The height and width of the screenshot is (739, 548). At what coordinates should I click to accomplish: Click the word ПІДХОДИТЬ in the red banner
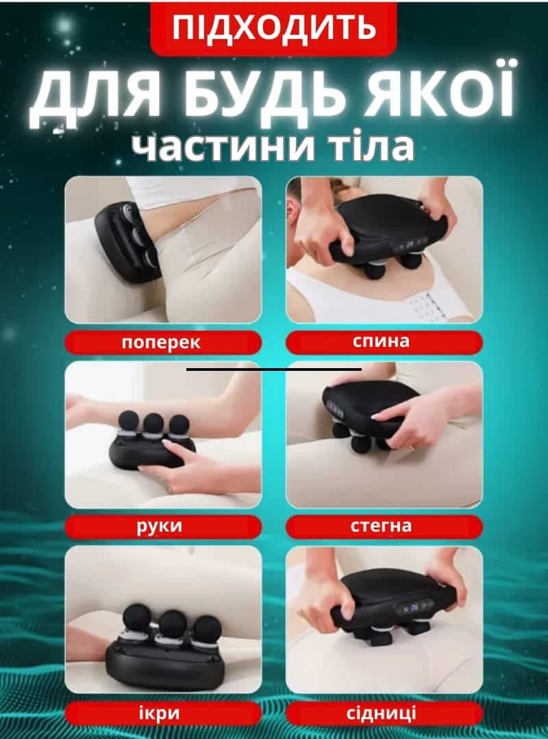coord(273,27)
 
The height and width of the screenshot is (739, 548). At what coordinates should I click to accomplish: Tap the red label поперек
coord(163,342)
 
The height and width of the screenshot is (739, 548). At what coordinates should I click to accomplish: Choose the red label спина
coord(384,341)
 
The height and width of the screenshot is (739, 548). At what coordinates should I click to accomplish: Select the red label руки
coord(163,526)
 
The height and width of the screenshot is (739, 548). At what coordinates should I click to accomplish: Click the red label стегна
coord(384,526)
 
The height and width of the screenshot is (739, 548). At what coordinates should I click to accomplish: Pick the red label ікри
coord(163,714)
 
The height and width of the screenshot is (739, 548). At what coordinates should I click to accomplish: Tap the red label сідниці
coord(384,714)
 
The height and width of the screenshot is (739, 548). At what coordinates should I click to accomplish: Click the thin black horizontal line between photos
coord(274,369)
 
